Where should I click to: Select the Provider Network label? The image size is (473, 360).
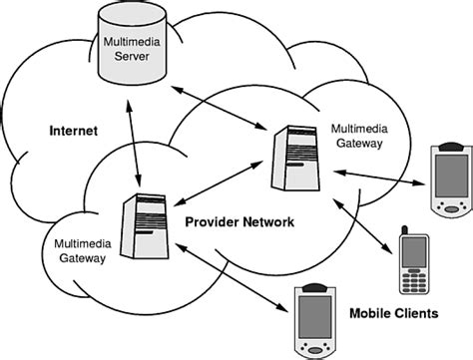[239, 222]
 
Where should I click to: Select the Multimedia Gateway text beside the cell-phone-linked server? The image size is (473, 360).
[356, 136]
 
